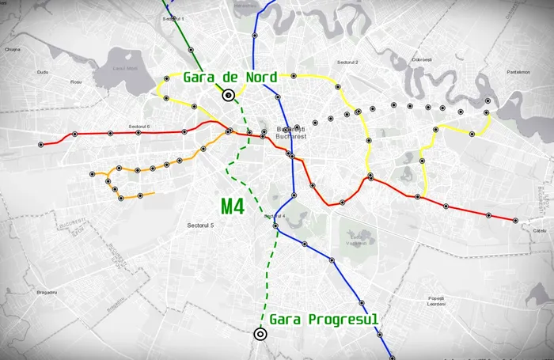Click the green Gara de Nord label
230,78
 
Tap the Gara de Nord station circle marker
229,96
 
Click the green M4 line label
232,207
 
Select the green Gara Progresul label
324,319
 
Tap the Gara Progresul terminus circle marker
260,334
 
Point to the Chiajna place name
11,50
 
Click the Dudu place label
43,72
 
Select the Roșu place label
76,81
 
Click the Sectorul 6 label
139,127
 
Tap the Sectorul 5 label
201,226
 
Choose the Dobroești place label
421,59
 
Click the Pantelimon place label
518,71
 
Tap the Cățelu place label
541,229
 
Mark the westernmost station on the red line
40,145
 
